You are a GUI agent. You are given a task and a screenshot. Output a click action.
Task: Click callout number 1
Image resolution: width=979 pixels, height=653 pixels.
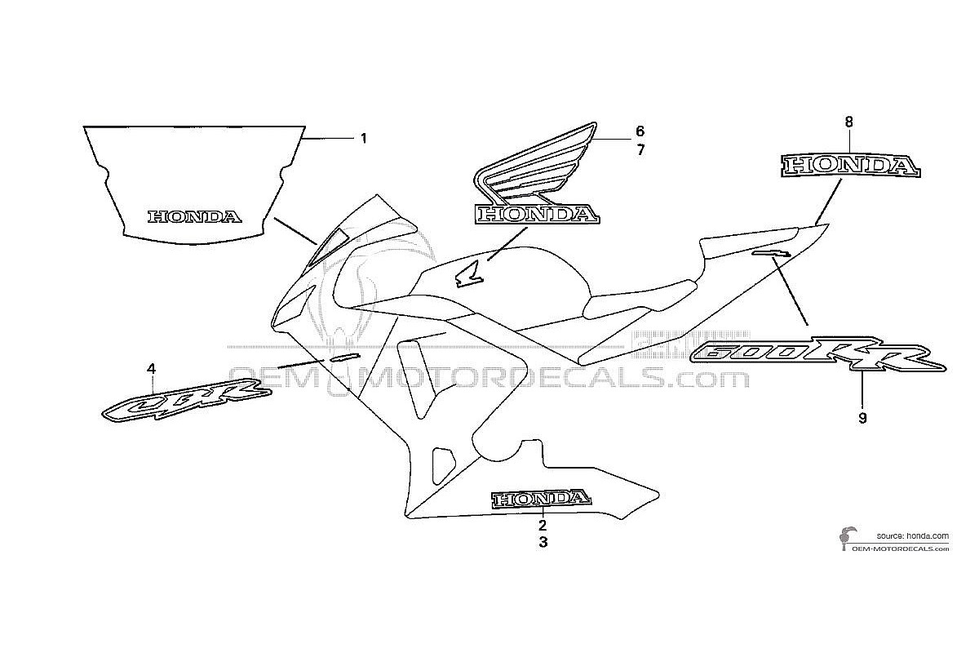(363, 139)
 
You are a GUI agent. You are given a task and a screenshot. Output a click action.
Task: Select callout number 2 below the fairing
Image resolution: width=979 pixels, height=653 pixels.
(543, 525)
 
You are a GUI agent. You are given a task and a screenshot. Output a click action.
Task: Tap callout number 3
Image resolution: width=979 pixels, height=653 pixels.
(543, 542)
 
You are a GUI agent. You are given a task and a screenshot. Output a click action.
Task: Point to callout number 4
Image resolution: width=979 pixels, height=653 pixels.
(151, 369)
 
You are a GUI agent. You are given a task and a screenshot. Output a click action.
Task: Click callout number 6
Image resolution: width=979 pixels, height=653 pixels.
(640, 131)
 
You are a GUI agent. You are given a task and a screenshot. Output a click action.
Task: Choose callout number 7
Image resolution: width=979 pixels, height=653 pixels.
(640, 150)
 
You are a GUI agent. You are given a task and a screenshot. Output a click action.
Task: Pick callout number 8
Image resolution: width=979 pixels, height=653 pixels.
(848, 122)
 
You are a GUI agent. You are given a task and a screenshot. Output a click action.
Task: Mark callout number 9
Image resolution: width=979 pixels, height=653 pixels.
(862, 418)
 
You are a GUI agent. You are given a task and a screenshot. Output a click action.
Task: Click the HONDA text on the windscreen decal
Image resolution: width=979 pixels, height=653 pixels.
(195, 217)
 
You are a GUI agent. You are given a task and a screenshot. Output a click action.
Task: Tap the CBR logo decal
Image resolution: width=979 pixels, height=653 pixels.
(187, 399)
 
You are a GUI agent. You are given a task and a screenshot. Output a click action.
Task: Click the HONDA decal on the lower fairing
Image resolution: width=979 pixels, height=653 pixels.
(542, 499)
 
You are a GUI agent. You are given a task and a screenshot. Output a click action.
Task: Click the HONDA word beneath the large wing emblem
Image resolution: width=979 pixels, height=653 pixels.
(537, 215)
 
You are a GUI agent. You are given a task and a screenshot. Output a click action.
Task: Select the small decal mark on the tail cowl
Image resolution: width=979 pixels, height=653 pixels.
(772, 253)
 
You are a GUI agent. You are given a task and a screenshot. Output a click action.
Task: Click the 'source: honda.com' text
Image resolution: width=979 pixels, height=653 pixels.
(913, 535)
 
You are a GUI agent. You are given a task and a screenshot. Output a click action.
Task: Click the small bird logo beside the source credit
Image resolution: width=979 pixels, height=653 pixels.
(847, 540)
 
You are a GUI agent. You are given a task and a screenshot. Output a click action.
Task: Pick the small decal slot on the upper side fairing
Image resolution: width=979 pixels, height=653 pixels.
(345, 357)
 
